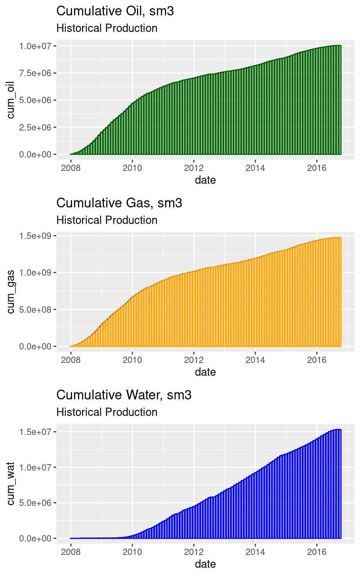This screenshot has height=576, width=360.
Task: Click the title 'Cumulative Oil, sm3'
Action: (x=115, y=11)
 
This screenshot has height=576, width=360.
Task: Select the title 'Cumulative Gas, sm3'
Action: (x=119, y=203)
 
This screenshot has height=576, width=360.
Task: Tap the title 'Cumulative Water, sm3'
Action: (x=124, y=395)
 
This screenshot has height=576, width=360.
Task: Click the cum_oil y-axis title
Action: (x=10, y=100)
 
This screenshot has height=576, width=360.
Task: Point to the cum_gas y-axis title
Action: (x=10, y=292)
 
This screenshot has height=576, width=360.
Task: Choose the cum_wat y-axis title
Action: (x=10, y=484)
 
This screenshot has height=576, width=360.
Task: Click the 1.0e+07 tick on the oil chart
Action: (x=35, y=46)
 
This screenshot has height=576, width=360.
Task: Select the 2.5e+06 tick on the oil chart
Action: (x=35, y=127)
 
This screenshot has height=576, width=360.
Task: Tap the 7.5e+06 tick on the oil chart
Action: (x=35, y=73)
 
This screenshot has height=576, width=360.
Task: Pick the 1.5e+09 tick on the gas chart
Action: (x=35, y=236)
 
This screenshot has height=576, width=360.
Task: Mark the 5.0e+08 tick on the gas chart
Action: (x=35, y=310)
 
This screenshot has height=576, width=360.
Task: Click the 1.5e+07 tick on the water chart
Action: (x=35, y=432)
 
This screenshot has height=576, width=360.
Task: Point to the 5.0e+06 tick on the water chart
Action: (x=35, y=503)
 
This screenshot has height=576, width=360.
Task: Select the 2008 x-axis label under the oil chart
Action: (x=71, y=168)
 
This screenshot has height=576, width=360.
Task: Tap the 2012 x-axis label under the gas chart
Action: (x=194, y=360)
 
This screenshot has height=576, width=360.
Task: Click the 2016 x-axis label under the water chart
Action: (x=317, y=552)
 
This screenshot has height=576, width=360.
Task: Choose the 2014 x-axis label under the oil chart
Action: (x=255, y=168)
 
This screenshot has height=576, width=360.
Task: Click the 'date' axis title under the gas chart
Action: (x=205, y=372)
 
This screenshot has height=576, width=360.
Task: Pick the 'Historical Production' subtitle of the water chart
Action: (x=106, y=412)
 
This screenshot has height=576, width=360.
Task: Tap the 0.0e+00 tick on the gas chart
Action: (x=35, y=346)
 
